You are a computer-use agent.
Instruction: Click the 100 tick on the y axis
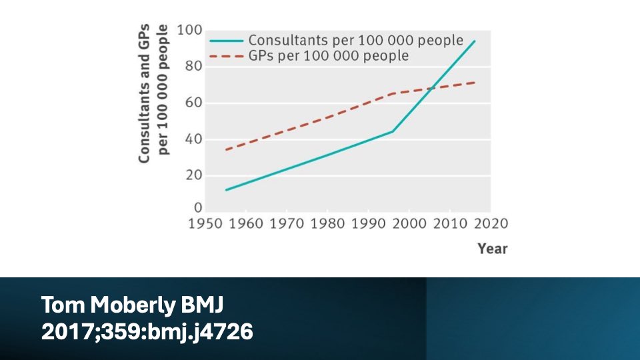click(x=189, y=31)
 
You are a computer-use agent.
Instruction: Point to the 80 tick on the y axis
click(x=193, y=67)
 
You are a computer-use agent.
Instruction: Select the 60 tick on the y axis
click(x=193, y=103)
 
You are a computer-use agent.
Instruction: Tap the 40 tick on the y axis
click(x=193, y=140)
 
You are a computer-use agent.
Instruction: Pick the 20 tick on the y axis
click(x=193, y=176)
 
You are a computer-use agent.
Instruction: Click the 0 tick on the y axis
click(x=197, y=208)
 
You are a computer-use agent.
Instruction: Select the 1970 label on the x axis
click(x=287, y=223)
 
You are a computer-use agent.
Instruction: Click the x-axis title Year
click(x=492, y=249)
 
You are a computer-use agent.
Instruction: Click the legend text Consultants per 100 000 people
click(x=355, y=40)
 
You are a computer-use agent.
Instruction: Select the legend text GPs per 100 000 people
click(x=328, y=56)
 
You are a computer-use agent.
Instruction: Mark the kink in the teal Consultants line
click(x=393, y=131)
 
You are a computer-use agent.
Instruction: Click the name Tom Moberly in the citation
click(x=109, y=306)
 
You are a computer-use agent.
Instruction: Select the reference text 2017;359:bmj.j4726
click(x=147, y=331)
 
